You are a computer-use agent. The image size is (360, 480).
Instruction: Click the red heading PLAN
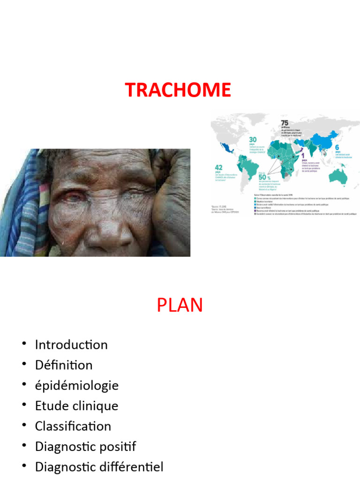(x=180, y=305)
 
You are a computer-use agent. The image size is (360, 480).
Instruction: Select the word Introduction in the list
(x=71, y=345)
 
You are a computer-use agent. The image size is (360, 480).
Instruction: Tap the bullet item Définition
(x=64, y=365)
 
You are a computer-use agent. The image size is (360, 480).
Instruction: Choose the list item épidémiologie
(x=77, y=385)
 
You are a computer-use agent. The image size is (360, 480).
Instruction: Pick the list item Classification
(x=73, y=426)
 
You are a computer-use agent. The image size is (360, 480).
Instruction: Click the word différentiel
(x=134, y=467)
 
